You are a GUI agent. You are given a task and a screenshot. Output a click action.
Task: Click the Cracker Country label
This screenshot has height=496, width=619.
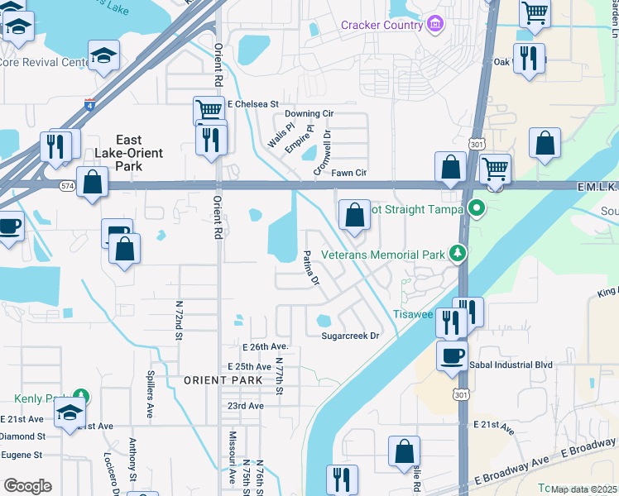tap(381, 25)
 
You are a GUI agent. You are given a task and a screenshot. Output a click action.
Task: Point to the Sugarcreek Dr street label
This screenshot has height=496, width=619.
tap(350, 336)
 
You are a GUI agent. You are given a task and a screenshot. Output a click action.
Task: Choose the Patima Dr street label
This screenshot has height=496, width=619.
tap(311, 269)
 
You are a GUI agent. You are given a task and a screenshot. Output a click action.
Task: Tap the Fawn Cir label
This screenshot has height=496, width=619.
tap(348, 173)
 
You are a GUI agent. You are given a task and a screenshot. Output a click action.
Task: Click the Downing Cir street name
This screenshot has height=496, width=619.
tap(308, 113)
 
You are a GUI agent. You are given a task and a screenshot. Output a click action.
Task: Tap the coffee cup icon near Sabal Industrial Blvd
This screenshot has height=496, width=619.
tap(452, 356)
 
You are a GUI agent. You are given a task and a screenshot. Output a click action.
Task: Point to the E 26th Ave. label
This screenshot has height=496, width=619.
tap(265, 346)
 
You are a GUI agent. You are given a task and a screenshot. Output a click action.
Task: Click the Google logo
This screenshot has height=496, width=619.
tap(27, 486)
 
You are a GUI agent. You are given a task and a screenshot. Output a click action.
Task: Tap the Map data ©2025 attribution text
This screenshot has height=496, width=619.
tap(583, 489)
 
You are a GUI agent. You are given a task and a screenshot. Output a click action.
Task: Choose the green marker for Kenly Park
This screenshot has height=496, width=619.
tap(80, 397)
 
